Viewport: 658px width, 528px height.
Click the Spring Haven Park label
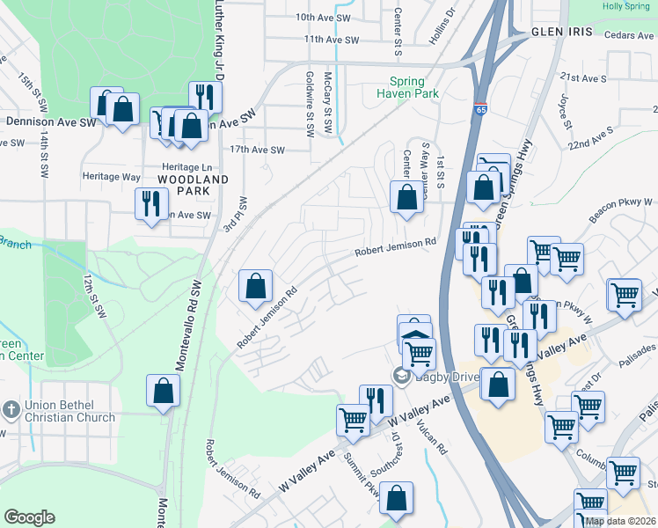[x=407, y=86]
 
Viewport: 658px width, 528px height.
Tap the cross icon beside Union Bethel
[x=11, y=409]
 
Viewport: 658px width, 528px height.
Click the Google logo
[x=28, y=517]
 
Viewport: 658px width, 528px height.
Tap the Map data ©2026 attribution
[x=620, y=521]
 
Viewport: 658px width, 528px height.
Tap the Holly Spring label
[x=625, y=6]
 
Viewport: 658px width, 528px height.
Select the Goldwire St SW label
[x=310, y=103]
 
